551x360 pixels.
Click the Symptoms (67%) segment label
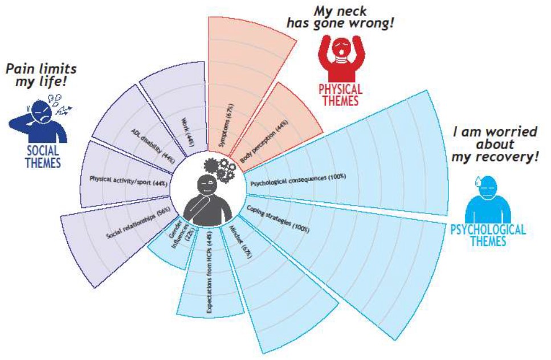[226, 125]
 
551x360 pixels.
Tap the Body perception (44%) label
[264, 141]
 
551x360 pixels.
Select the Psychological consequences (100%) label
[298, 179]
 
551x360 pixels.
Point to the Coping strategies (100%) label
[278, 219]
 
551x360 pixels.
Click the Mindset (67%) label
[240, 242]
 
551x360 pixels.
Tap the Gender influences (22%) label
[180, 234]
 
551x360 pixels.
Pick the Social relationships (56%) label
[138, 222]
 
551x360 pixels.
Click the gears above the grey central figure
[219, 170]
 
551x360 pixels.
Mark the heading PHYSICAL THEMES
[341, 95]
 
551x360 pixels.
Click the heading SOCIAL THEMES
[43, 157]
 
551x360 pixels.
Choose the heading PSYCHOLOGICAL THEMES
[488, 235]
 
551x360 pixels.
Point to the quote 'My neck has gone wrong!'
[340, 17]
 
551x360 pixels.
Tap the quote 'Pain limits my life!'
[41, 75]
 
